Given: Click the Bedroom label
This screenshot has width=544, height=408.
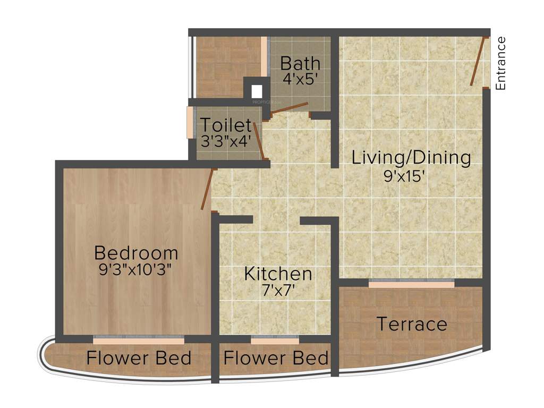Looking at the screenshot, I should click(x=136, y=252).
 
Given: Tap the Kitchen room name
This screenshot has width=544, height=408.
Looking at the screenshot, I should click(x=278, y=274).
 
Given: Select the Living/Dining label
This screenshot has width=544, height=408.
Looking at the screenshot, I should click(x=412, y=158).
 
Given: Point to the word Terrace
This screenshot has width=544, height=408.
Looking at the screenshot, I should click(x=412, y=324).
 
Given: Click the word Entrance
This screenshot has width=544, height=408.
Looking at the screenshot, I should click(x=500, y=63).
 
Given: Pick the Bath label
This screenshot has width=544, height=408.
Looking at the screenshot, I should click(x=300, y=64).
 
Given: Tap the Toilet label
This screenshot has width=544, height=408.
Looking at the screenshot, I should click(x=225, y=126).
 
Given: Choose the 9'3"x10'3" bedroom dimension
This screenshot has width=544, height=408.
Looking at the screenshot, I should click(x=136, y=269).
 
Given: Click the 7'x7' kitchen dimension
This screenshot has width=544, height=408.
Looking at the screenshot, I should click(x=278, y=291).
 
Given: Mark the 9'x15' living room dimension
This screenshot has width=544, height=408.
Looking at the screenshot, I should click(x=405, y=175).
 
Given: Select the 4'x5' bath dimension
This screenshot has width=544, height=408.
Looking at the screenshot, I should click(x=300, y=79).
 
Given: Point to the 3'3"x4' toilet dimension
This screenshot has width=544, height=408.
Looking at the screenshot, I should click(x=225, y=142).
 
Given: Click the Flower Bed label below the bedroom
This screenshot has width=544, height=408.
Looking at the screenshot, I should click(x=139, y=358).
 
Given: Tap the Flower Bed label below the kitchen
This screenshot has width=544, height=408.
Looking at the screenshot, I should click(x=276, y=358).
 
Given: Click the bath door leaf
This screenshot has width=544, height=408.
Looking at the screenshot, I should click(x=289, y=107).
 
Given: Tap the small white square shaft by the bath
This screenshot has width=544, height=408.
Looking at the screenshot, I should click(x=257, y=90).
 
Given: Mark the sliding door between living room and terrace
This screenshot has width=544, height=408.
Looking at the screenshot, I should click(x=412, y=284).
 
